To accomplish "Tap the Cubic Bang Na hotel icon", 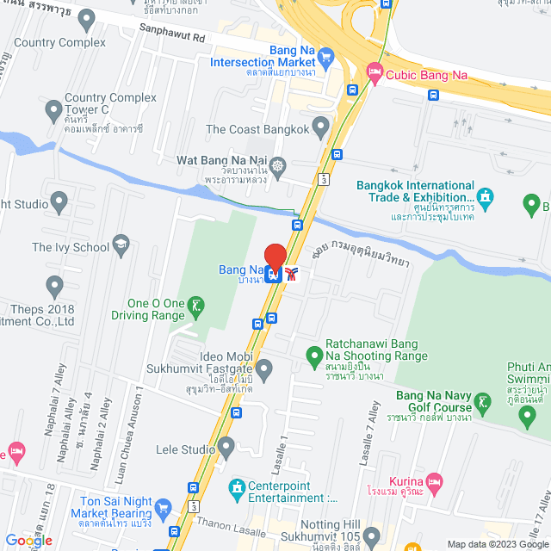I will click(374, 75).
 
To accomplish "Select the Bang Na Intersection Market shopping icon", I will click(325, 58).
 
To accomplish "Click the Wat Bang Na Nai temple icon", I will click(277, 164).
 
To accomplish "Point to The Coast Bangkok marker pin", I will click(321, 129).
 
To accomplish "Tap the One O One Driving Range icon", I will click(198, 305).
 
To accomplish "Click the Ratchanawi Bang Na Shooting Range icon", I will click(314, 354).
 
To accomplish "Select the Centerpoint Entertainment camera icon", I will click(236, 489).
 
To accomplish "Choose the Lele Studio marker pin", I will click(226, 448).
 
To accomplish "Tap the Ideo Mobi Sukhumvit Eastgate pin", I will click(264, 370).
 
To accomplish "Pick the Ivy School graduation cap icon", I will click(121, 247).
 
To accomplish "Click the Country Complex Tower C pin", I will click(53, 109).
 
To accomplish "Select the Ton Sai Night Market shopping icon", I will click(166, 505).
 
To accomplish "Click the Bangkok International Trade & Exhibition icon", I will click(486, 197).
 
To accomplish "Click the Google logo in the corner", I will click(28, 541).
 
